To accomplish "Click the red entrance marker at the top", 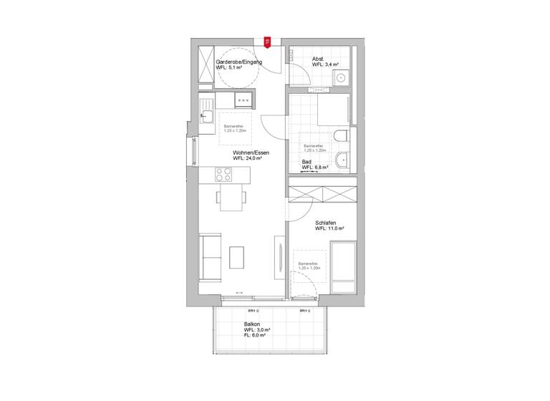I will [267, 42].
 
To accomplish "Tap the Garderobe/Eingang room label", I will [238, 63].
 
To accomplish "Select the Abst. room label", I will [319, 59].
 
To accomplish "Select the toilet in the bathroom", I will [340, 136].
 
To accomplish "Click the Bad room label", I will [307, 162].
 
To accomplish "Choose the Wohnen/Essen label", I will [247, 153].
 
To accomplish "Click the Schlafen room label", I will [329, 223].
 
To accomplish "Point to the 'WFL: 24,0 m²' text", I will [247, 159].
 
